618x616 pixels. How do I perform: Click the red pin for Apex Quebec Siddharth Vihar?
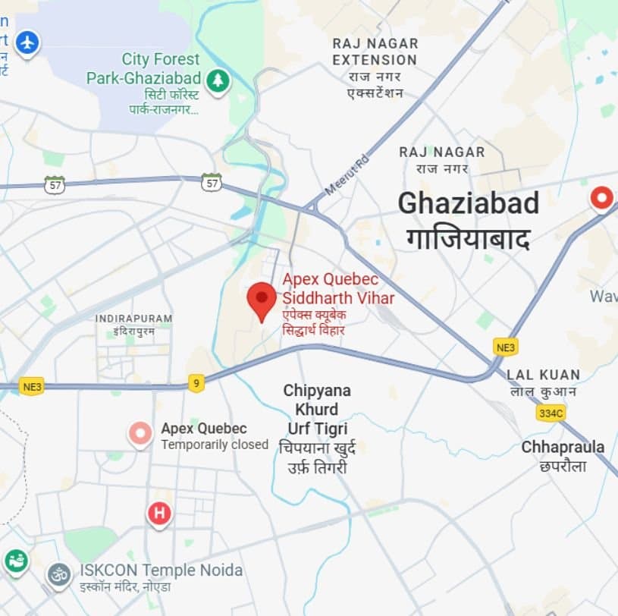point(262,299)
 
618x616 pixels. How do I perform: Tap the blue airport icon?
point(27,42)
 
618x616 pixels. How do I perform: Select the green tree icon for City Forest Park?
point(218,79)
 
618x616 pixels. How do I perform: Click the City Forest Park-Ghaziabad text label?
point(143,69)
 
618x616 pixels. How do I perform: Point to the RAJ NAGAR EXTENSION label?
point(375,51)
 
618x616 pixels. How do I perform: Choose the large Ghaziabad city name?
point(469,203)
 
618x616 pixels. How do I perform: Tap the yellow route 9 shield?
point(196,383)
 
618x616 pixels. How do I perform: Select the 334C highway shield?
point(551,413)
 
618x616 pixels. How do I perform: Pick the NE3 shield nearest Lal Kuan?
point(505,346)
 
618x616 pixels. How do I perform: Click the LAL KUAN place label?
point(543,375)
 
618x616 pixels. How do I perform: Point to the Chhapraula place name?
point(563,447)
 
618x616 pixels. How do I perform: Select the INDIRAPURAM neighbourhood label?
point(133,318)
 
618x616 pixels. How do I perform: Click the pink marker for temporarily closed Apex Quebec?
point(140,434)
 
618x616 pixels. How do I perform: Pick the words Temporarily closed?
point(215,445)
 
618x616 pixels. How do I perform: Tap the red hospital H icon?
point(159,514)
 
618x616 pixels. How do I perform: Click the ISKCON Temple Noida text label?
point(161,570)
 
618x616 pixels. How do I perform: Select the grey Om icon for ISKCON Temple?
point(58,574)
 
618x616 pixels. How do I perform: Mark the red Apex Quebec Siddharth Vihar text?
point(338,288)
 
